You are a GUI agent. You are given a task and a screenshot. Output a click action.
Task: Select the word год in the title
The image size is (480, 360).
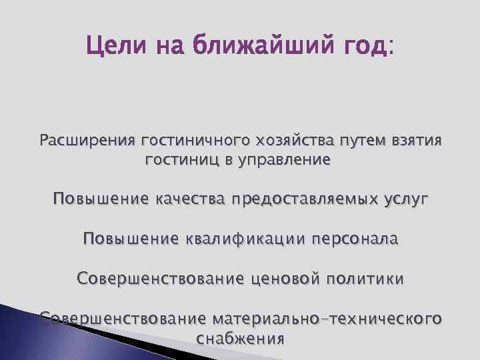tap(365, 47)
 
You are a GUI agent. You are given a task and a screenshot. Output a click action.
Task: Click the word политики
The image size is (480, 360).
tap(365, 277)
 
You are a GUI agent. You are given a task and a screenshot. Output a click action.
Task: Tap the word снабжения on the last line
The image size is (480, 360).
tap(241, 338)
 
